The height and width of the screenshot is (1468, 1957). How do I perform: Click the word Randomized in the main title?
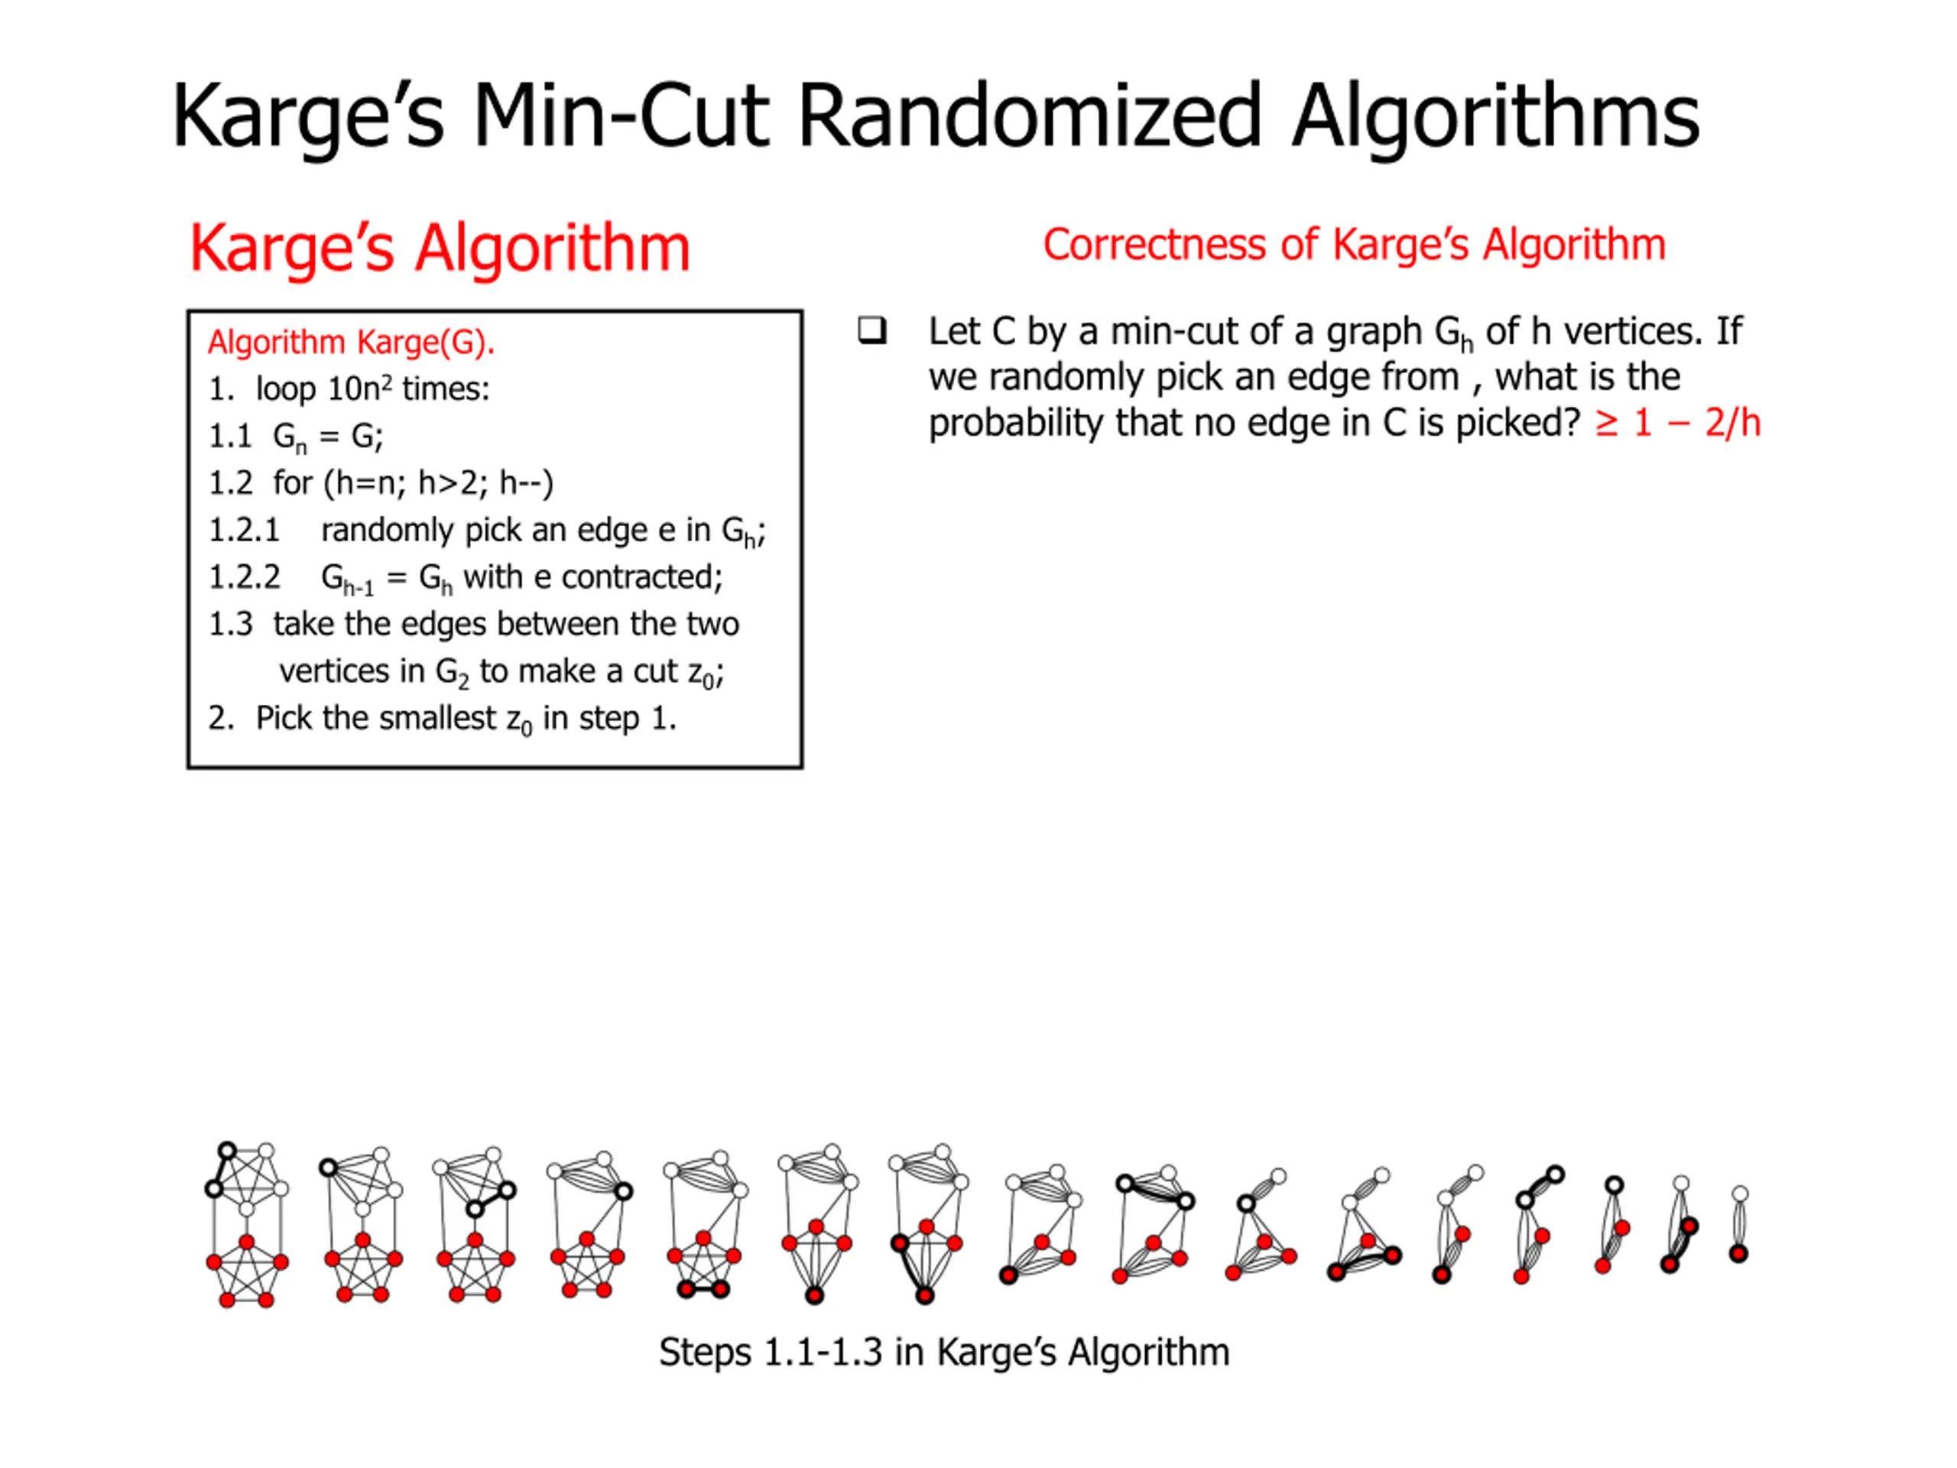1028,116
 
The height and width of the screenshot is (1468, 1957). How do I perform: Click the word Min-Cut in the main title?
620,116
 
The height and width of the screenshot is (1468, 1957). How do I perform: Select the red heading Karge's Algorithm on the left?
440,248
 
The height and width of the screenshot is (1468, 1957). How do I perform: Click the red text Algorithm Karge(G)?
350,342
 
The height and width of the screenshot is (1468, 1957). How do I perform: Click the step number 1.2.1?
244,530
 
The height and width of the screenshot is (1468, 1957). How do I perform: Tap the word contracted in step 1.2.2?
641,577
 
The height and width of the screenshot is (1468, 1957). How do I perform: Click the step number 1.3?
230,624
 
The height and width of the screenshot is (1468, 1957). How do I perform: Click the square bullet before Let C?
871,331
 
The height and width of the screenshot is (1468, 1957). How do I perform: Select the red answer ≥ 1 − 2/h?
1677,423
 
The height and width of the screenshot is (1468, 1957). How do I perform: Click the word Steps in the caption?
704,1352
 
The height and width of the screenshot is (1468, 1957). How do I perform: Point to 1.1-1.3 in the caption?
823,1352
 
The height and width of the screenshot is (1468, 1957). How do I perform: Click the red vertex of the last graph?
1738,1253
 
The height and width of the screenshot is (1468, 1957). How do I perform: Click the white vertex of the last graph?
1740,1194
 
